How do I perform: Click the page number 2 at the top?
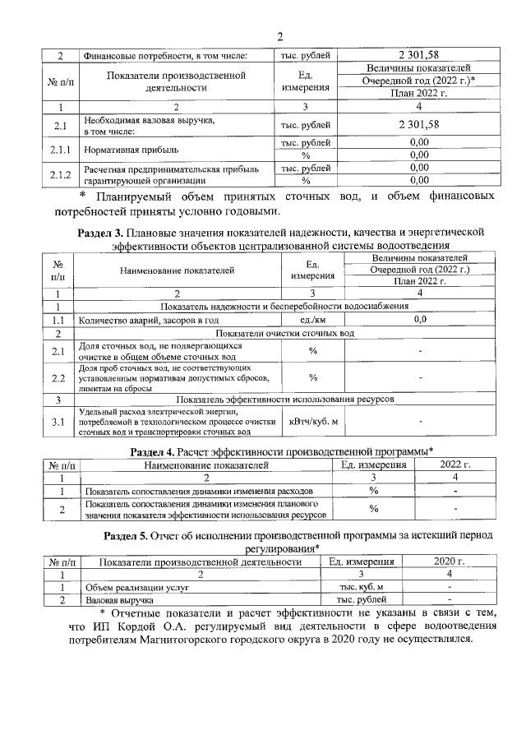(279, 37)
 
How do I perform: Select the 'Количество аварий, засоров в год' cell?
(148, 320)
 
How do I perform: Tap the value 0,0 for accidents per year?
(419, 320)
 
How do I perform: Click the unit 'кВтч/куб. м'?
(313, 422)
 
